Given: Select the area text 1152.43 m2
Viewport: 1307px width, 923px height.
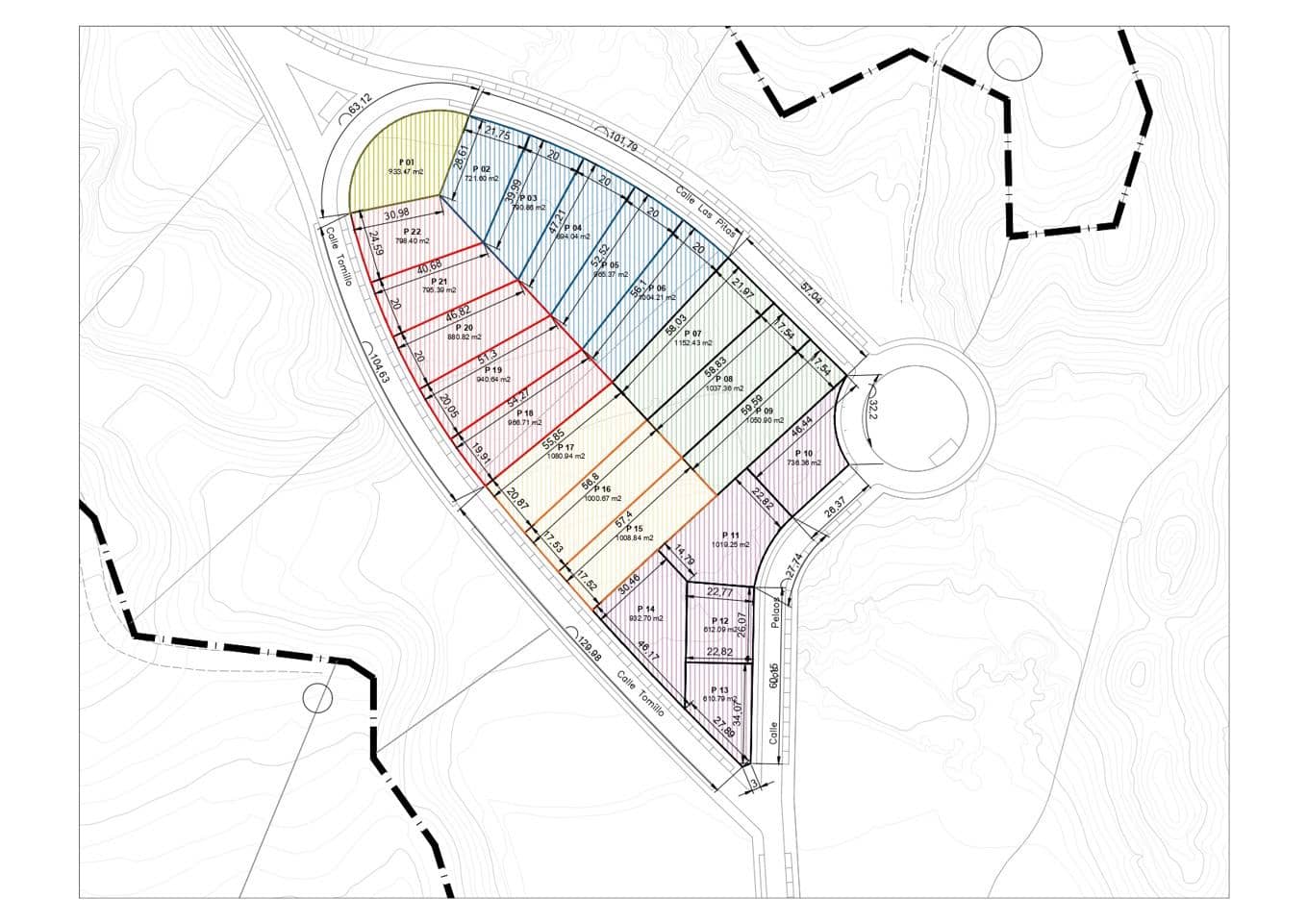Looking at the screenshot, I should pos(693,343).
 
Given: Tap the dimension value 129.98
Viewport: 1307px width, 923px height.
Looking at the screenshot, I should pos(591,651).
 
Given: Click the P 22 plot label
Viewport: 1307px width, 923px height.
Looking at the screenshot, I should pos(413,232).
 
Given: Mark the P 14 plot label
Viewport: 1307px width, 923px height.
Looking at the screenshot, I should pos(645,610).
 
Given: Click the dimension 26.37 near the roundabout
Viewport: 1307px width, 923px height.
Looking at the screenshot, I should pos(835,503).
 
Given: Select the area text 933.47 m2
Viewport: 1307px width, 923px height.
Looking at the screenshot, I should pos(405,171).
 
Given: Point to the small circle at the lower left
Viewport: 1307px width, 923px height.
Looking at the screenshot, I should pos(316,697).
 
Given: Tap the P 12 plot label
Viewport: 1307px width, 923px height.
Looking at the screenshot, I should pos(719,621).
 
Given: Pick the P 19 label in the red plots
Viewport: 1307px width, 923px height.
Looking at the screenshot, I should pos(493,370).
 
